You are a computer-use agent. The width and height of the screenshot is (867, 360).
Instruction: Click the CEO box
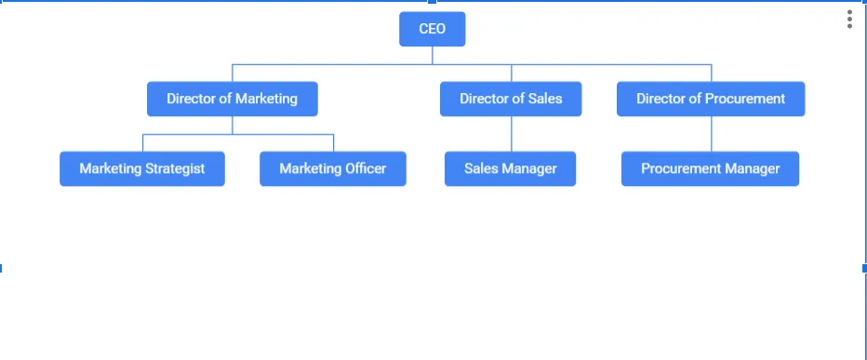432,29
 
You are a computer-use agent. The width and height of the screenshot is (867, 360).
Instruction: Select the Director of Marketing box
233,99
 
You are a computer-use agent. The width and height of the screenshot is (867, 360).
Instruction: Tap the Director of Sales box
511,99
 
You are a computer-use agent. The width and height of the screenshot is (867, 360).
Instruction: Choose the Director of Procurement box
711,99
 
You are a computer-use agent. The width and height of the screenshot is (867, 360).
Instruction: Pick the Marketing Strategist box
142,169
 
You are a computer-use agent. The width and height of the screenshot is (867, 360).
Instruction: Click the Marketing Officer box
332,169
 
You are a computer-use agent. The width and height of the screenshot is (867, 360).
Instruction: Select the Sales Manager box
510,169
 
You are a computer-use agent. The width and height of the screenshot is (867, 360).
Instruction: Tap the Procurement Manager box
710,169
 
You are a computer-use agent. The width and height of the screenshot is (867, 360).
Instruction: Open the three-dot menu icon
849,20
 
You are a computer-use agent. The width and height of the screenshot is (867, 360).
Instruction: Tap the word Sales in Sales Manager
483,169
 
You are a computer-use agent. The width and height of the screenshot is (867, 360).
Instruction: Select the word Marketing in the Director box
266,99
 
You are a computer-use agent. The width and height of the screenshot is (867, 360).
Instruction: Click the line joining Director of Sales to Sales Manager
511,134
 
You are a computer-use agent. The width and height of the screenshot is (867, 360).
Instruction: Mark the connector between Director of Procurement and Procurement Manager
712,134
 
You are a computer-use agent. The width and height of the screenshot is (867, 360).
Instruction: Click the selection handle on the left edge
1,268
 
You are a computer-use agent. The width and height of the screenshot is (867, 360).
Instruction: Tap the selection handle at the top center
432,2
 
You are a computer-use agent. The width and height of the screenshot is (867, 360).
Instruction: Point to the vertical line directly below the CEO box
433,55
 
